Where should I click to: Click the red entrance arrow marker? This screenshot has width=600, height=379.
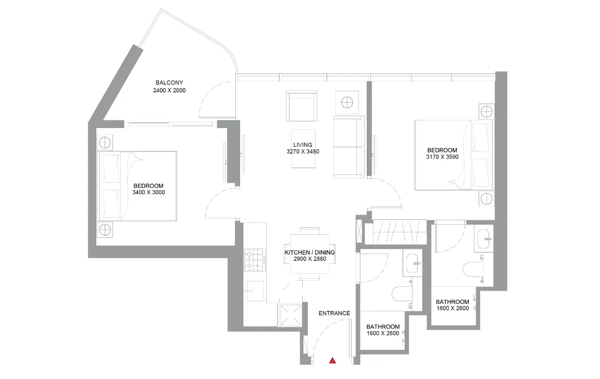(332, 360)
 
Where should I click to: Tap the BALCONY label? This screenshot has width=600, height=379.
(169, 83)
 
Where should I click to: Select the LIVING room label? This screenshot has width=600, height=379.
(303, 145)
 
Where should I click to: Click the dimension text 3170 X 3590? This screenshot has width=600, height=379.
(442, 157)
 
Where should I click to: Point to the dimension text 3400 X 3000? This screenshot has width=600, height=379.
(148, 193)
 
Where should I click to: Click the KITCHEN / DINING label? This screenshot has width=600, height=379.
(309, 252)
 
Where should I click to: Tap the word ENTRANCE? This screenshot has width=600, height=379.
(334, 313)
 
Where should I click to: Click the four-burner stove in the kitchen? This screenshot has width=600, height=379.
(255, 260)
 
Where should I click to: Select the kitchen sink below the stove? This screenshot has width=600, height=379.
(255, 291)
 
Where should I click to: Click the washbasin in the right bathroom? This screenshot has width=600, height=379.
(484, 238)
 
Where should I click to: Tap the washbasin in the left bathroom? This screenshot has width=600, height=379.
(413, 263)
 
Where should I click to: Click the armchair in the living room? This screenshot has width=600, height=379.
(302, 106)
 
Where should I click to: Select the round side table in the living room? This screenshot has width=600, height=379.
(347, 103)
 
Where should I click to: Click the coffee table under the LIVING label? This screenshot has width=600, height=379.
(304, 148)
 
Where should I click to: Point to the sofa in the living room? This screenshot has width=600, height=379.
(348, 146)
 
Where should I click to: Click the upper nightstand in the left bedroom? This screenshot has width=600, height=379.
(105, 143)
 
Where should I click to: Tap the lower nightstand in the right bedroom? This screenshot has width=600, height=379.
(486, 199)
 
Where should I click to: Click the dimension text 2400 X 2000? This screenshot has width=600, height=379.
(169, 91)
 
